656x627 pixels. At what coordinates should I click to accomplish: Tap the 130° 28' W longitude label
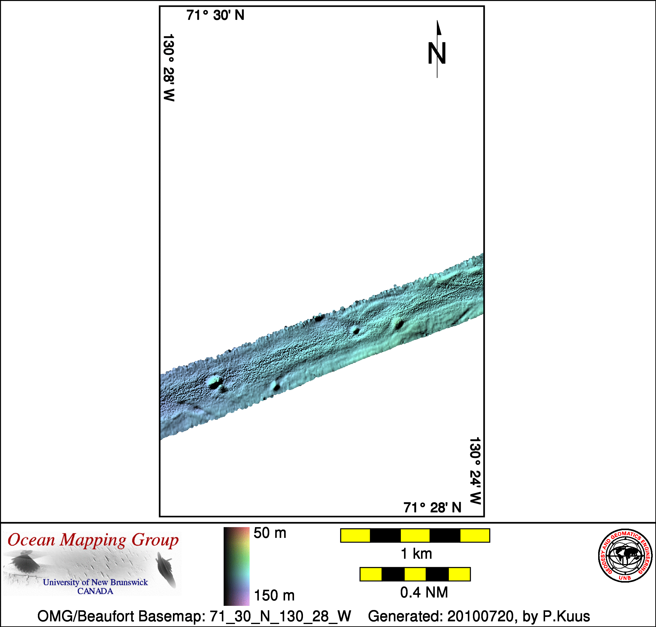click(169, 67)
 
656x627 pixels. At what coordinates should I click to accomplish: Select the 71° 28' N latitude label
click(432, 508)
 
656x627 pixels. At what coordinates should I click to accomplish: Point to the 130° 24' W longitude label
click(475, 470)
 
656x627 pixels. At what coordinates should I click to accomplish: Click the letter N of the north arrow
click(437, 53)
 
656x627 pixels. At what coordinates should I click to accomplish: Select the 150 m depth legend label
click(274, 596)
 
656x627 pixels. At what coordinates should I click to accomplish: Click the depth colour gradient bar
click(236, 566)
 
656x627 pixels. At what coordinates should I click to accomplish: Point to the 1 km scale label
click(416, 554)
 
